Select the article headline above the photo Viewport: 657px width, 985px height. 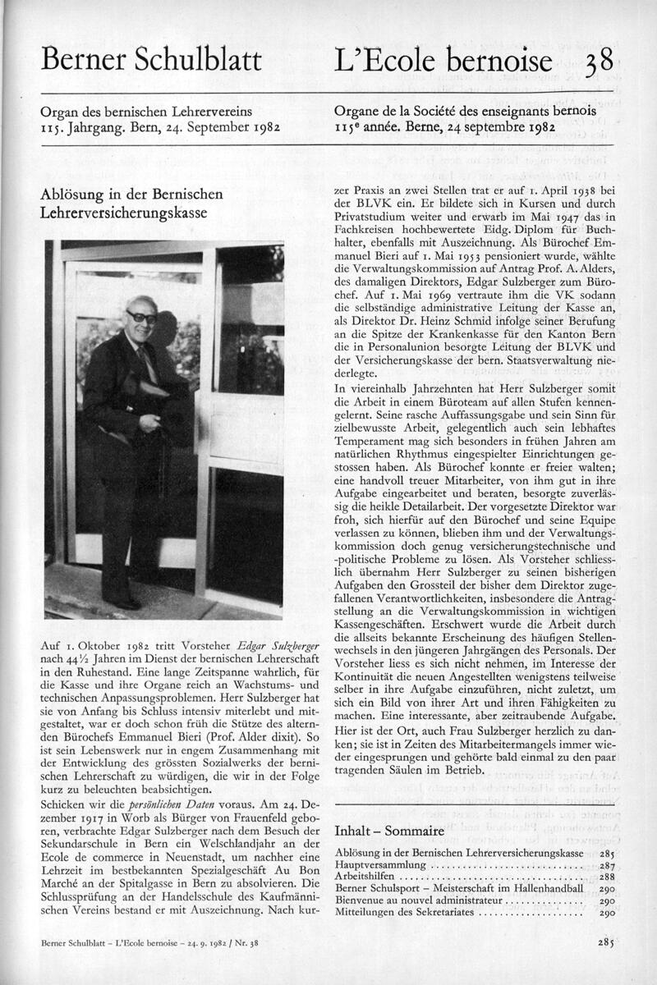[131, 204]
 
